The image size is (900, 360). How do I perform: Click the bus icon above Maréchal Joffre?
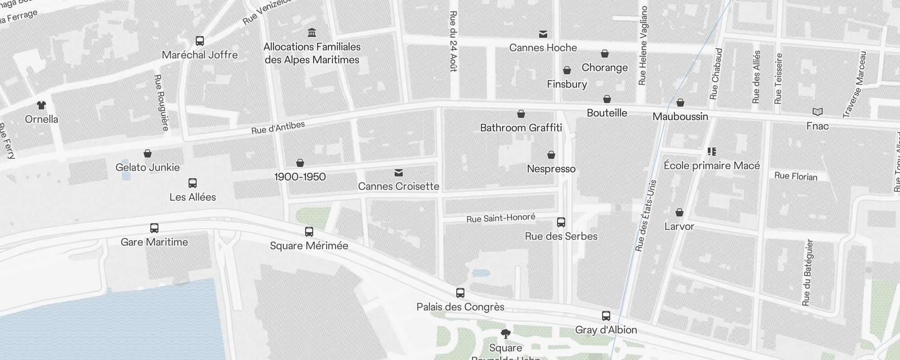(200, 41)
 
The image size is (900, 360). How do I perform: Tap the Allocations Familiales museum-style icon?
(311, 32)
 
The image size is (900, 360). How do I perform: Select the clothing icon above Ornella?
(41, 105)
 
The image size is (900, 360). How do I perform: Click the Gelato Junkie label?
(148, 167)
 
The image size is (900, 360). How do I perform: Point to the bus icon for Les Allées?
(193, 183)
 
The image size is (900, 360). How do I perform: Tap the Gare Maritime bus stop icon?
(154, 228)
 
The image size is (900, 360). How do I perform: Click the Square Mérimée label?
(309, 246)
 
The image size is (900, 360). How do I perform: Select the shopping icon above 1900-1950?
(300, 163)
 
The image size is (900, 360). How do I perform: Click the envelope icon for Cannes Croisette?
(398, 173)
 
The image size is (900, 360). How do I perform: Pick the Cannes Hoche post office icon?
(543, 34)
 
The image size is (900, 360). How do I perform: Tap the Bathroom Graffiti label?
(521, 128)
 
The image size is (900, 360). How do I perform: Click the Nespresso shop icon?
(551, 155)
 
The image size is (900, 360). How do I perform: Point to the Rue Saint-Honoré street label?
(500, 218)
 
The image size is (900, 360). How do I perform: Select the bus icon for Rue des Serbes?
(561, 222)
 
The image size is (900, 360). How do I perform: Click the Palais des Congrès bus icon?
(460, 293)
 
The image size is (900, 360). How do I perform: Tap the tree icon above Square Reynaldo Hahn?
(506, 334)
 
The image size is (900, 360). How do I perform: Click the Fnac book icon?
(817, 112)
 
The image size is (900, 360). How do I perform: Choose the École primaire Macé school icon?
(712, 152)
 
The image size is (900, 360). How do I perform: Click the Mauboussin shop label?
(680, 117)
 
